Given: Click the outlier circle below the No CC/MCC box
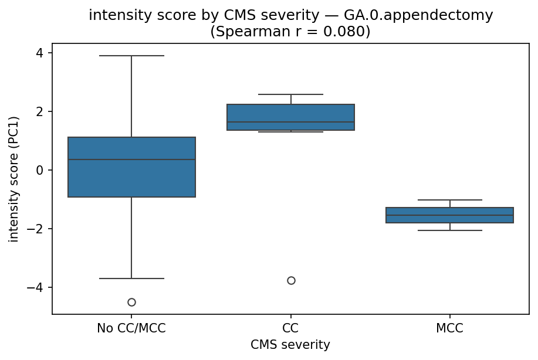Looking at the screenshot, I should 131,302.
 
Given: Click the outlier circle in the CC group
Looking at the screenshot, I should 291,280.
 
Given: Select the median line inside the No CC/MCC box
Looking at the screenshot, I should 131,159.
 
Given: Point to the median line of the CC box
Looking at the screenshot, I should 291,123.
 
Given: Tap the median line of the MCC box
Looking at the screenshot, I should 450,215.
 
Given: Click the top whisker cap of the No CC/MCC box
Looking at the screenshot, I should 131,56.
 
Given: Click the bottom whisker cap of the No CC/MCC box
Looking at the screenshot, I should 131,279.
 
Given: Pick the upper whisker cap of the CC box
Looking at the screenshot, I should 291,94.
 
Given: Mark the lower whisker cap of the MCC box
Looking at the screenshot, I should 450,230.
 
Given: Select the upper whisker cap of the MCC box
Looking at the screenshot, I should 450,200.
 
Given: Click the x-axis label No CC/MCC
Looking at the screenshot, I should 131,328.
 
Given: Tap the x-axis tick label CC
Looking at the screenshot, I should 291,328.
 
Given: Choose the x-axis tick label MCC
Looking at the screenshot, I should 450,328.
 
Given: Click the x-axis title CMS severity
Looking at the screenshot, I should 290,345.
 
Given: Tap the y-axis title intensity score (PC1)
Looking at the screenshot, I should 14,179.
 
